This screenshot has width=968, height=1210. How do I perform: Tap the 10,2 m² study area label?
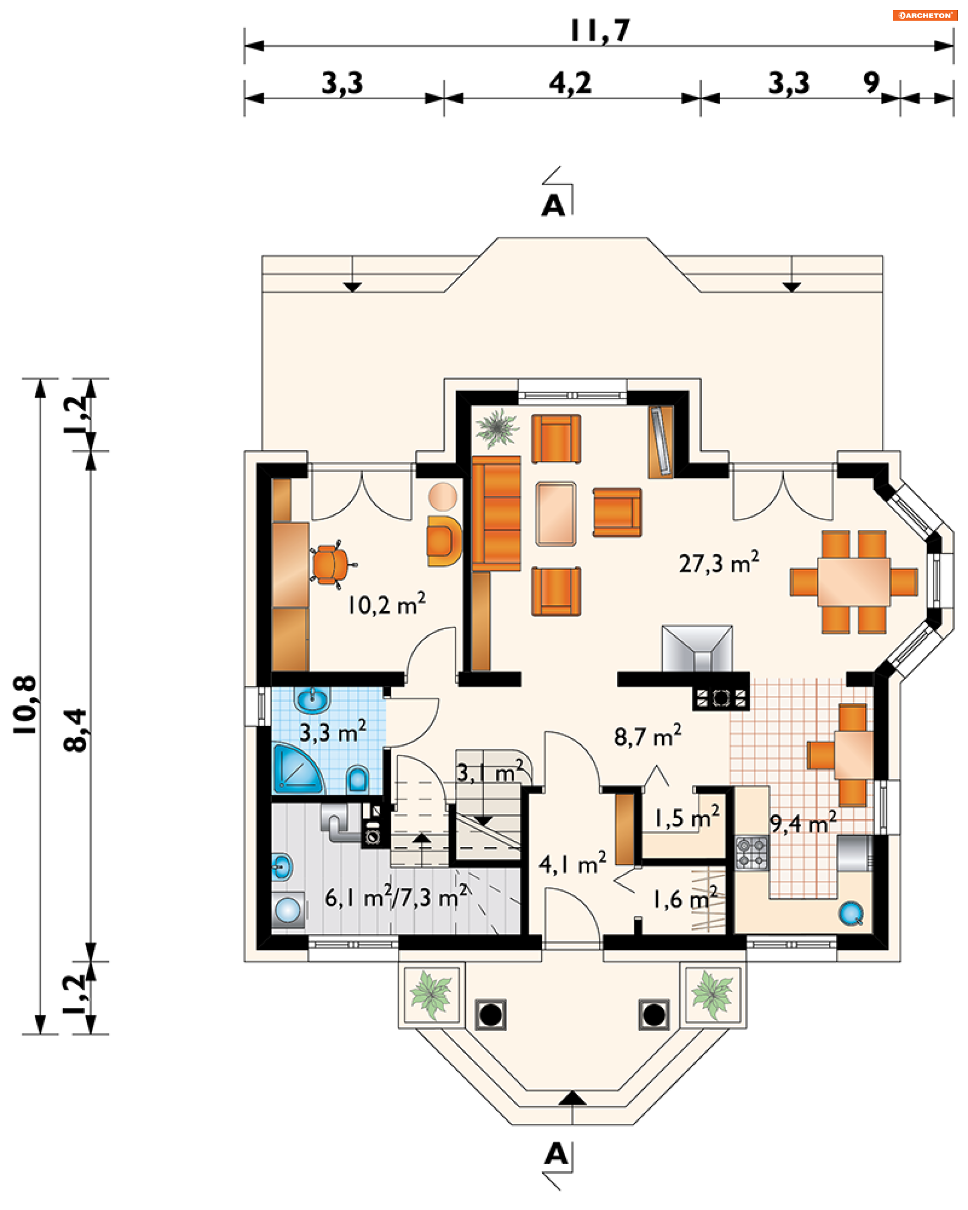[386, 604]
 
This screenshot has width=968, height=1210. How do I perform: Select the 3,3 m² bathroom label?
[332, 731]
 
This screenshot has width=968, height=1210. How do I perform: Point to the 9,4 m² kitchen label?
[803, 823]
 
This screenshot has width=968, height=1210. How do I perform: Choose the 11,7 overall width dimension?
[600, 31]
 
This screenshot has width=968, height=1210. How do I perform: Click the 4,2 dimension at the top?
[570, 83]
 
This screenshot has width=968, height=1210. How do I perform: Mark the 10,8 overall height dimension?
[25, 705]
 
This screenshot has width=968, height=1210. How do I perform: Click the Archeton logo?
[924, 15]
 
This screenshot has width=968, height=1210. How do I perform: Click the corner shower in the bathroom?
[297, 768]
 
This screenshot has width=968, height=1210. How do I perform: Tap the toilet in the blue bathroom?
[357, 778]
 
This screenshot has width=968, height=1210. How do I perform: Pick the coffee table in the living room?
[556, 514]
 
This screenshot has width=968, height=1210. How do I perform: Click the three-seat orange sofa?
[496, 514]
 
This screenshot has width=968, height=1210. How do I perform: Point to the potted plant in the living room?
[496, 428]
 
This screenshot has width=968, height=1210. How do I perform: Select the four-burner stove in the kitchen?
[751, 853]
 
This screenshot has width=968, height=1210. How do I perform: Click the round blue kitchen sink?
[850, 913]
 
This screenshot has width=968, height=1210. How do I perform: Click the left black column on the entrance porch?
[491, 1015]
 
